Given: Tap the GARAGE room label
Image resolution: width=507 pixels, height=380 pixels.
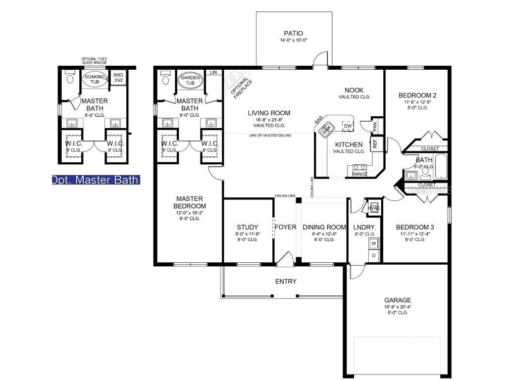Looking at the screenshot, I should point(398,300).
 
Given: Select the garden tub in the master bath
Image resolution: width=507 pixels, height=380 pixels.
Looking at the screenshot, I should point(190,81).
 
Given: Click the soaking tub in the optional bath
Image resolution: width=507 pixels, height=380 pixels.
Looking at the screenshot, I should point(94,80).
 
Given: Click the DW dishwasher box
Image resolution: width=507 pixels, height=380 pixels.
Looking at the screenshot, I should point(347,126).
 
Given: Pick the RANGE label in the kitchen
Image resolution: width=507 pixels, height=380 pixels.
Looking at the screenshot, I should point(359,174).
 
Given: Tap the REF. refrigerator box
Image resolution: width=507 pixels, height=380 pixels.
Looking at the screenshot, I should point(375,143).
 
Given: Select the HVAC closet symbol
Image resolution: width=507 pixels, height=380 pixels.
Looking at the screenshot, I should point(374,208).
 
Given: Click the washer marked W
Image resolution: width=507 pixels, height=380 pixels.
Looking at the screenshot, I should point(374,243).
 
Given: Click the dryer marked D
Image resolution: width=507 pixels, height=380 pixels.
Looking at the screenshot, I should point(374,255).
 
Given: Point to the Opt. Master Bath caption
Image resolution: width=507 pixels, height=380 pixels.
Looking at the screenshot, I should point(96,180).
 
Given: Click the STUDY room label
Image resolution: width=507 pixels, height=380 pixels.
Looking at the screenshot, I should point(247,227).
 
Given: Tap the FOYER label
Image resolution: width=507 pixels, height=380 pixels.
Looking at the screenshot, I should point(286,227).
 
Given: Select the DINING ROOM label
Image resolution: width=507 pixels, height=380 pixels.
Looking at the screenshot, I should point(324,227).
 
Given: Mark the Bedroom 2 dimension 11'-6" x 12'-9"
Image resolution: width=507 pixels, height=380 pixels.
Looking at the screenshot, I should point(417,102).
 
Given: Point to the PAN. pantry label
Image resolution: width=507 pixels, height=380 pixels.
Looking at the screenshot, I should point(375,126).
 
